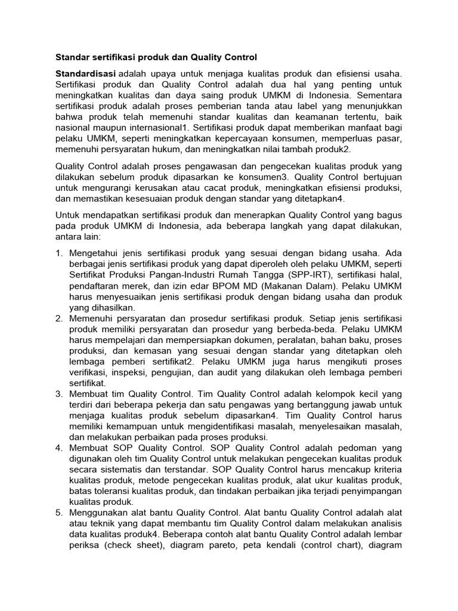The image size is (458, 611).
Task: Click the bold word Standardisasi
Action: tap(82, 73)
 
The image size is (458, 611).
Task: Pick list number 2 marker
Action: tap(59, 318)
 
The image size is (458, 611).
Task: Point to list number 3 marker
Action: tap(59, 393)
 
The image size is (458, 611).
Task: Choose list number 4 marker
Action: tap(59, 447)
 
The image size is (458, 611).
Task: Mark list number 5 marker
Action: tap(59, 512)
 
